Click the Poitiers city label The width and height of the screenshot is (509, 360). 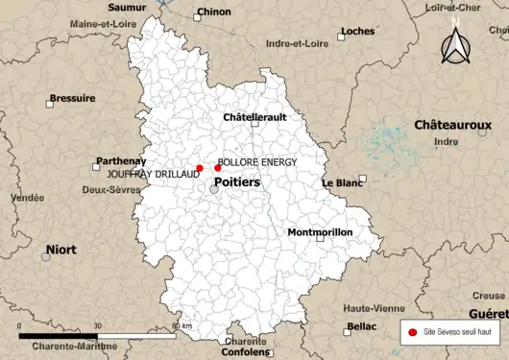click(x=236, y=181)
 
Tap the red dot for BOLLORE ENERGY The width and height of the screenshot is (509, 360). click(x=218, y=168)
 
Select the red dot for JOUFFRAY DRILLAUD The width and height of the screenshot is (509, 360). click(x=200, y=168)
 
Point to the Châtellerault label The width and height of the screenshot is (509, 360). click(x=254, y=117)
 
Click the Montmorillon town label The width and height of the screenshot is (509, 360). click(x=320, y=232)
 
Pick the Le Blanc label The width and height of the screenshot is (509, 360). click(x=342, y=182)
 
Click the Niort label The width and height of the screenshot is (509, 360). click(x=61, y=250)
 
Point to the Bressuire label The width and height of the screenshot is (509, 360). click(x=72, y=98)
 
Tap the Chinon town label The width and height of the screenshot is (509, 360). click(x=212, y=13)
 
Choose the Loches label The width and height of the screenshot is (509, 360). click(x=357, y=31)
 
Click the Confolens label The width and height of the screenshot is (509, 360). click(x=247, y=351)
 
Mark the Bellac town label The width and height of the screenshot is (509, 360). click(x=361, y=326)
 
